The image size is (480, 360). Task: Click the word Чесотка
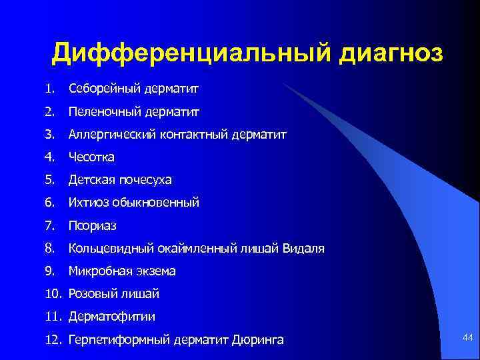tap(92, 157)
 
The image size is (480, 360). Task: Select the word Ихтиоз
tap(86, 203)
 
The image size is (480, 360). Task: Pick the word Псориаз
tap(93, 226)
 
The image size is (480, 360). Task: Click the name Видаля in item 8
tap(303, 249)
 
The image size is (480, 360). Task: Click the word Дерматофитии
tap(107, 317)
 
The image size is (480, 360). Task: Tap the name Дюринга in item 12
tap(257, 340)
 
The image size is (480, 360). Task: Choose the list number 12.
tap(53, 340)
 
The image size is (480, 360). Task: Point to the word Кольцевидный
tap(111, 249)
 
